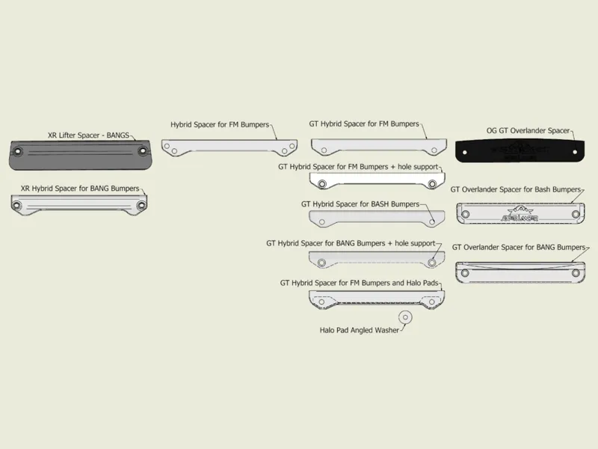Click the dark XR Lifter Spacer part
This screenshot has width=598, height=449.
click(81, 155)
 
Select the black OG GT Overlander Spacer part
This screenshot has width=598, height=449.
click(520, 151)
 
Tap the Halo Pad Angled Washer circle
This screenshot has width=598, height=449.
click(405, 317)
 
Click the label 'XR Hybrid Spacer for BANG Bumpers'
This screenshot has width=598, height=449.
click(80, 189)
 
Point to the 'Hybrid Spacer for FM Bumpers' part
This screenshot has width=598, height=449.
click(229, 147)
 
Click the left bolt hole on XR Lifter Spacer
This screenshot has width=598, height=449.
click(17, 152)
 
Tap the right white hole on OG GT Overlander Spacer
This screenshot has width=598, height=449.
click(575, 152)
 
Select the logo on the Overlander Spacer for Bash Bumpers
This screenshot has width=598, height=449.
click(520, 214)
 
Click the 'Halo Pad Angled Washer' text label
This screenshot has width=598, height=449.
click(360, 330)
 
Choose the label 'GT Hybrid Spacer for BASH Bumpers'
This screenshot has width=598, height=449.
click(360, 204)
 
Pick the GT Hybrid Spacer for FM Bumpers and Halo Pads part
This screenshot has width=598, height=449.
click(377, 300)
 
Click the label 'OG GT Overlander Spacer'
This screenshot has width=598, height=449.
click(528, 130)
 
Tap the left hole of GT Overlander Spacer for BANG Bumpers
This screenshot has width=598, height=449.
click(465, 273)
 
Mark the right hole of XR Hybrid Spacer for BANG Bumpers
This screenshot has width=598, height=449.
click(141, 205)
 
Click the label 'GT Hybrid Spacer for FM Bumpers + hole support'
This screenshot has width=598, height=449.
click(358, 167)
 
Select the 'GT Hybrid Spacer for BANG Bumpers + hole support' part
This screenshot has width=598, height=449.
click(377, 260)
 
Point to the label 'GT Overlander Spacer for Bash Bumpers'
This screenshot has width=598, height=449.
click(516, 189)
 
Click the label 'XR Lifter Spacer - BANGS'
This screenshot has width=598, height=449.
click(88, 135)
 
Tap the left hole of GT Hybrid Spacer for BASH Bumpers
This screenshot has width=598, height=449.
click(322, 222)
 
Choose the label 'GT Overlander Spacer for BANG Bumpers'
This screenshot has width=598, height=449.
click(519, 248)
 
